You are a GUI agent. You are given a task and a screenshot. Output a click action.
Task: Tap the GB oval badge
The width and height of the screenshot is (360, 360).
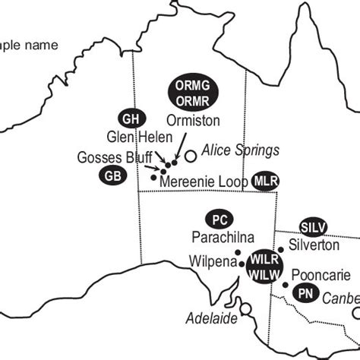pos(113,175)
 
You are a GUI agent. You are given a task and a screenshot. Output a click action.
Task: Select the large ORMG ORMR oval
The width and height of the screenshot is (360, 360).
pos(192,91)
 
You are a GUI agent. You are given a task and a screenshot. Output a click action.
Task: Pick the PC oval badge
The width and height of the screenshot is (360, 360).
pos(219,219)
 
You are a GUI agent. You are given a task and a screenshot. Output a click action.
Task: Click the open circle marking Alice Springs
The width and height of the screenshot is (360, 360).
pos(191,156)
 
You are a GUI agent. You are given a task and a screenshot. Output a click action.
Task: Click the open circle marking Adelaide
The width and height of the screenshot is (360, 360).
pos(245,309)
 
